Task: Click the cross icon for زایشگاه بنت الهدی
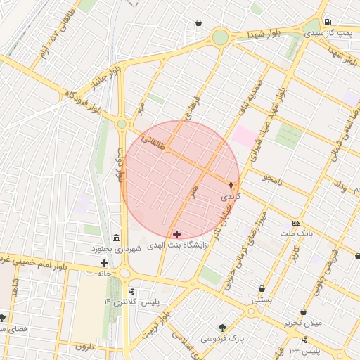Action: (176, 233)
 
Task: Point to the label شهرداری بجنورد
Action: (116, 249)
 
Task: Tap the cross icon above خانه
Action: (105, 263)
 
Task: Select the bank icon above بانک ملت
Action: (297, 221)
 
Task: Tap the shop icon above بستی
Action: (262, 288)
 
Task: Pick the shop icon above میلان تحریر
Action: (303, 311)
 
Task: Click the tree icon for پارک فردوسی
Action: (223, 328)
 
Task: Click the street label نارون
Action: (85, 347)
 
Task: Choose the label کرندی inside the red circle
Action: (231, 197)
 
